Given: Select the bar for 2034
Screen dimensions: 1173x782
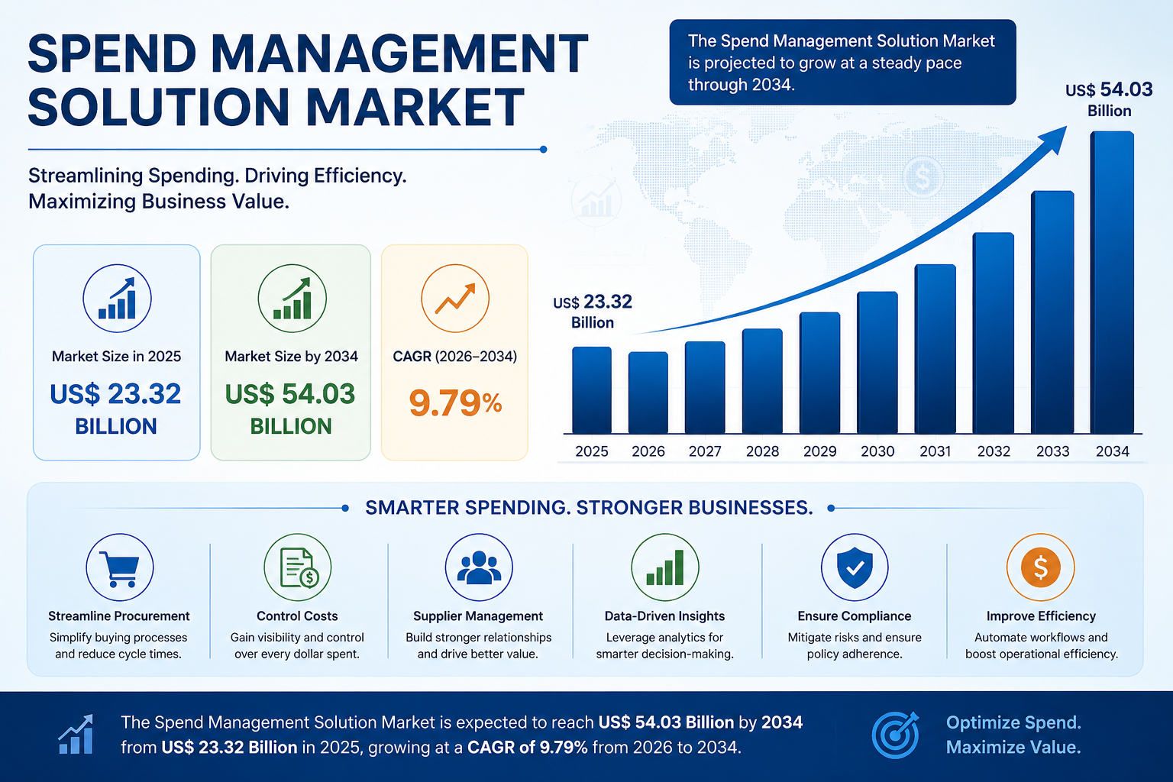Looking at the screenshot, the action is coord(1112,283).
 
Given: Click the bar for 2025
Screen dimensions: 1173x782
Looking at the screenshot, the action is coord(592,390).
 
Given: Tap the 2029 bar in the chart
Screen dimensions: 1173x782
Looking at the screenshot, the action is coord(819,373).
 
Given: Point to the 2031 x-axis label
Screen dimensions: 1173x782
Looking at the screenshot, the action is coord(935,451).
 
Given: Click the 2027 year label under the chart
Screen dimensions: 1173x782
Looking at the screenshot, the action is coord(705,451).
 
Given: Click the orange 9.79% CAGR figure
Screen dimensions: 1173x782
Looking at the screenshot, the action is coord(455,403).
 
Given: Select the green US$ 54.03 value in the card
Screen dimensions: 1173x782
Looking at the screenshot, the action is coord(290,394).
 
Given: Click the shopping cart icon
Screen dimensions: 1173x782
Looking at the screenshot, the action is coord(120,567).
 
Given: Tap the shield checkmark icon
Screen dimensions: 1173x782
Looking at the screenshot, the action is coord(855,567).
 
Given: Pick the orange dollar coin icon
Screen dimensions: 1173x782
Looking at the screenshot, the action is coord(1041,567).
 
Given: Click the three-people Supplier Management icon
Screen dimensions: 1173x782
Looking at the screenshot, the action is coord(479,567).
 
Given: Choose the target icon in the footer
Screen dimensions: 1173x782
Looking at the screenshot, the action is coord(896,735).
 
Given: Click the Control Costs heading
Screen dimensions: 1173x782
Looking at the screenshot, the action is coord(297,616).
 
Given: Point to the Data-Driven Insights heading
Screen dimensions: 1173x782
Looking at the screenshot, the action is coord(664,616).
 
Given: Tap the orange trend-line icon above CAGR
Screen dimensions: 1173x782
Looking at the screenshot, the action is coord(455,298).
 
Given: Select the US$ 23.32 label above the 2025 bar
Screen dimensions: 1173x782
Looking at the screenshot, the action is coord(593,311).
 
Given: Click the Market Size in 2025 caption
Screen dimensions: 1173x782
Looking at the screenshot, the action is coord(116,356).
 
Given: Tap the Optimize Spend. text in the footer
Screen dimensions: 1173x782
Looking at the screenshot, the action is coord(1013,722).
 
